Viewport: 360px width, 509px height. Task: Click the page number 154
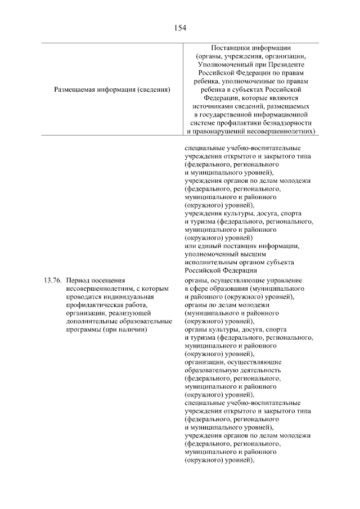[x=180, y=27]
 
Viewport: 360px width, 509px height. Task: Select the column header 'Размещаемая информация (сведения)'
[x=112, y=89]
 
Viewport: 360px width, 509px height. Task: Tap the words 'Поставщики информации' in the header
[x=251, y=47]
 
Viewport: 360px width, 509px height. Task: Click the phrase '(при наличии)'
[x=125, y=329]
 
